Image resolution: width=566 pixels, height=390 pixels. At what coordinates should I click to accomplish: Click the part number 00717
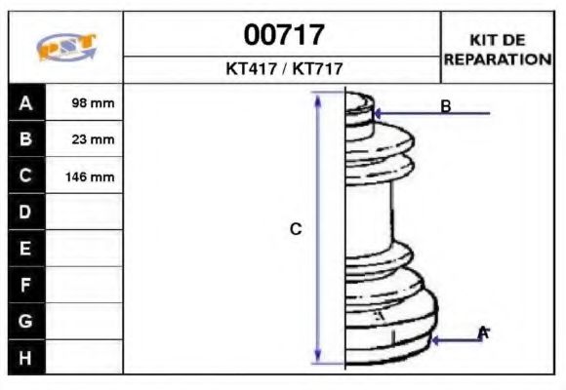283,36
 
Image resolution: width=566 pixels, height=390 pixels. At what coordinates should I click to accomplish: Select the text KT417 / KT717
283,69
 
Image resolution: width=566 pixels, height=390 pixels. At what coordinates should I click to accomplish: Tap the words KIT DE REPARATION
498,49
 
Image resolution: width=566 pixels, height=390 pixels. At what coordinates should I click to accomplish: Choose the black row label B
26,139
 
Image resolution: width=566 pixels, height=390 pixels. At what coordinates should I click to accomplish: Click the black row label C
26,176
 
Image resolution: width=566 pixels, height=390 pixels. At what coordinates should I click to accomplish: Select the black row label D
26,213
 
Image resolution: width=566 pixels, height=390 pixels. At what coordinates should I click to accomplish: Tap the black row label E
26,249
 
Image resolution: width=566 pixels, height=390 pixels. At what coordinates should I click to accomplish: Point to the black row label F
26,285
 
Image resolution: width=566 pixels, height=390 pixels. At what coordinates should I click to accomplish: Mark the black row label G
26,321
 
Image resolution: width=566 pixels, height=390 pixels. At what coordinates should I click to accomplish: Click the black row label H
26,357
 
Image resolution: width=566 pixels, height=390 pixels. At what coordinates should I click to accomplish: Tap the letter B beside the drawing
445,106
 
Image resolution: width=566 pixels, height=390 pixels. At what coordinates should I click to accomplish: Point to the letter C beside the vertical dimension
296,229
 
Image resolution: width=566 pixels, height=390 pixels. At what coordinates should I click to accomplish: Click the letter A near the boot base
482,333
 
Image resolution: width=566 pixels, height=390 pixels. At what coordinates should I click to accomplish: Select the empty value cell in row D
85,213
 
